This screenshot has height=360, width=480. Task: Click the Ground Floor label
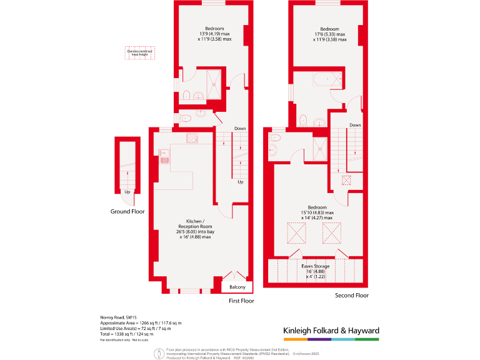pos(127,211)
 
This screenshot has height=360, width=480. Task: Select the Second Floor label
pos(352,295)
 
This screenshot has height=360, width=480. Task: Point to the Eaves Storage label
pos(316,266)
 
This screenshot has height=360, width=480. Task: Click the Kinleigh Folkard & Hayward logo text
pos(331,331)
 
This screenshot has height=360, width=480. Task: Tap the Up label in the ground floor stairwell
pos(127,192)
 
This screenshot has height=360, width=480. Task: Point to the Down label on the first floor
pos(240,129)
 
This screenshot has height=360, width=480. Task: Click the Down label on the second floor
pos(355,125)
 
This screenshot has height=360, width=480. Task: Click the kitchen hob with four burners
pos(192,138)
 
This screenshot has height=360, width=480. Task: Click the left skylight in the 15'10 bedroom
pos(296,233)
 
